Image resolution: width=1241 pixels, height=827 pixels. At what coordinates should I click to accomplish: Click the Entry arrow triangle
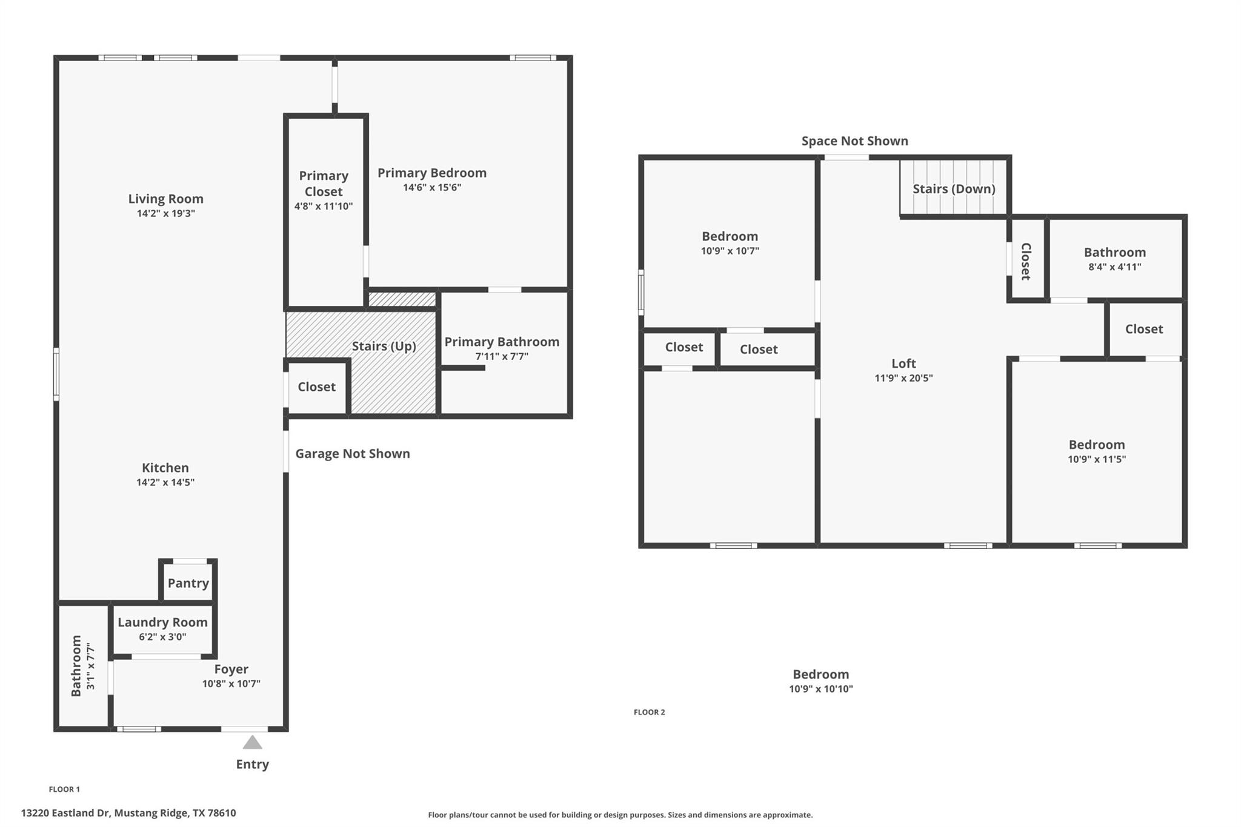252,742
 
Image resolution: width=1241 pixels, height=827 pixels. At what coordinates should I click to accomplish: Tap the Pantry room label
188,583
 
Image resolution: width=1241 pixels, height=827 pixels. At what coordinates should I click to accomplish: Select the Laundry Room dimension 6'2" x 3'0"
162,637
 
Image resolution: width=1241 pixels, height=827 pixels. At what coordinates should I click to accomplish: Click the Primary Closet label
324,184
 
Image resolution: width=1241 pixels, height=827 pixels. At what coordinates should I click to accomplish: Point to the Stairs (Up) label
384,346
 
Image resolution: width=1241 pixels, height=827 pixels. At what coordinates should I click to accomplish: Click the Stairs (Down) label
954,188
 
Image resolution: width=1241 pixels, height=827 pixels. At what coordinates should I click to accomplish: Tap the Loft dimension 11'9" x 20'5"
903,378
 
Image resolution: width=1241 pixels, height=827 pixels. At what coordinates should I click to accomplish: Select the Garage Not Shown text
352,454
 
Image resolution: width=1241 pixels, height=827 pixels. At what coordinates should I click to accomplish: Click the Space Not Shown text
854,141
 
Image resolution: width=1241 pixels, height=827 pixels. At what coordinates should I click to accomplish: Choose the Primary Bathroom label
502,342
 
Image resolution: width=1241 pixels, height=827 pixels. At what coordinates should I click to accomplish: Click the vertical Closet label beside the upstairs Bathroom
1026,261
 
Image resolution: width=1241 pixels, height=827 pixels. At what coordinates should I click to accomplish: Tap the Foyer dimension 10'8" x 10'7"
231,683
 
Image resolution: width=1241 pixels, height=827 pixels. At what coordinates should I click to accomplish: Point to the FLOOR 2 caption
649,712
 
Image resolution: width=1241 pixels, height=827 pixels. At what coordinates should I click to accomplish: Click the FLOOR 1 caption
64,789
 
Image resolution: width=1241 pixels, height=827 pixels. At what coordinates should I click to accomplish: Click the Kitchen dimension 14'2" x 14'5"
165,482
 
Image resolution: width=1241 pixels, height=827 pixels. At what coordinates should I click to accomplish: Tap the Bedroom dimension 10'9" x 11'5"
1096,459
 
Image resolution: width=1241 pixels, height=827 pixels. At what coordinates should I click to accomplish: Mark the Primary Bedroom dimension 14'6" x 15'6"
431,187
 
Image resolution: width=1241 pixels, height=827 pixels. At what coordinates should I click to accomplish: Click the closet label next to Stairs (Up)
316,387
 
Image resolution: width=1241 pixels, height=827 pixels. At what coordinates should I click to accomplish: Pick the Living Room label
165,199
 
